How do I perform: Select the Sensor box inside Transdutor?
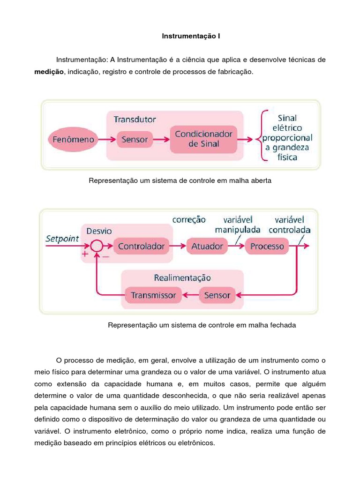tap(135, 139)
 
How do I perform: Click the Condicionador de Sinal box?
tap(203, 139)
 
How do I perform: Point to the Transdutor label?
tap(135, 119)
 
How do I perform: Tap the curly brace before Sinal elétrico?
tap(263, 136)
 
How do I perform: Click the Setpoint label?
tap(62, 239)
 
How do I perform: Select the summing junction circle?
tap(96, 246)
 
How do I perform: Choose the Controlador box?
tap(141, 246)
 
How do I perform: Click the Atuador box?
tap(207, 246)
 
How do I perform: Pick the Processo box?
tap(267, 246)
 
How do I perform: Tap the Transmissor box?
tap(153, 295)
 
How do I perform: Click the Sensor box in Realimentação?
tap(217, 295)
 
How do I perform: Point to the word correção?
tap(189, 219)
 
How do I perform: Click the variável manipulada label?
tap(238, 225)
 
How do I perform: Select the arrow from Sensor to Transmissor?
tap(191, 295)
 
